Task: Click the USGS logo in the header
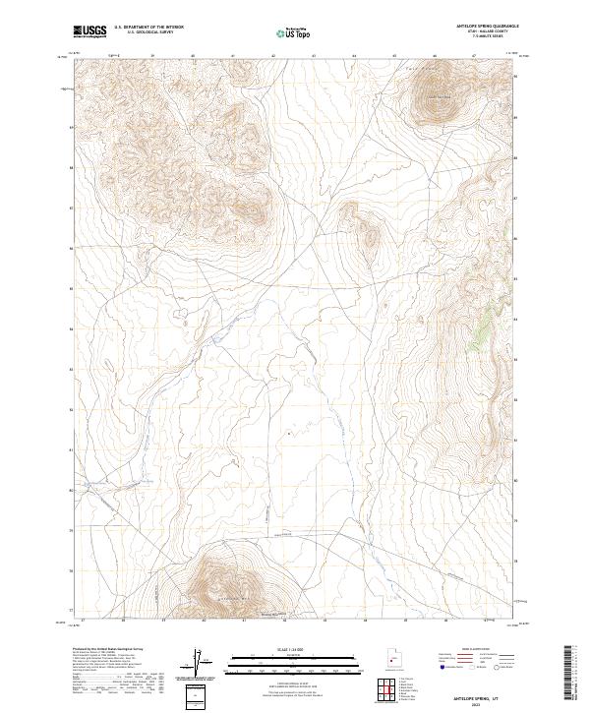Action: pyautogui.click(x=89, y=31)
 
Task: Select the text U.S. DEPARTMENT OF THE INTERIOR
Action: pyautogui.click(x=148, y=29)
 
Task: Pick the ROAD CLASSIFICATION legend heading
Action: pyautogui.click(x=468, y=650)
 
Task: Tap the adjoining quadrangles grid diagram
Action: pyautogui.click(x=389, y=690)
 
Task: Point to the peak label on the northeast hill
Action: pyautogui.click(x=436, y=96)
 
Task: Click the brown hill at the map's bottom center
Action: pyautogui.click(x=229, y=584)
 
